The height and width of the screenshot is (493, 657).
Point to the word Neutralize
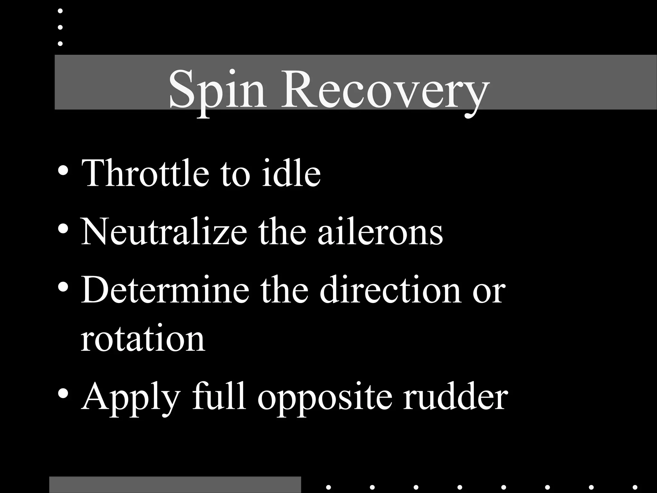click(164, 231)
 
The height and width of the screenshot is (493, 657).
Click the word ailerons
click(380, 231)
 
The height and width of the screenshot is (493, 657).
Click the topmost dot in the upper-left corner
click(60, 11)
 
